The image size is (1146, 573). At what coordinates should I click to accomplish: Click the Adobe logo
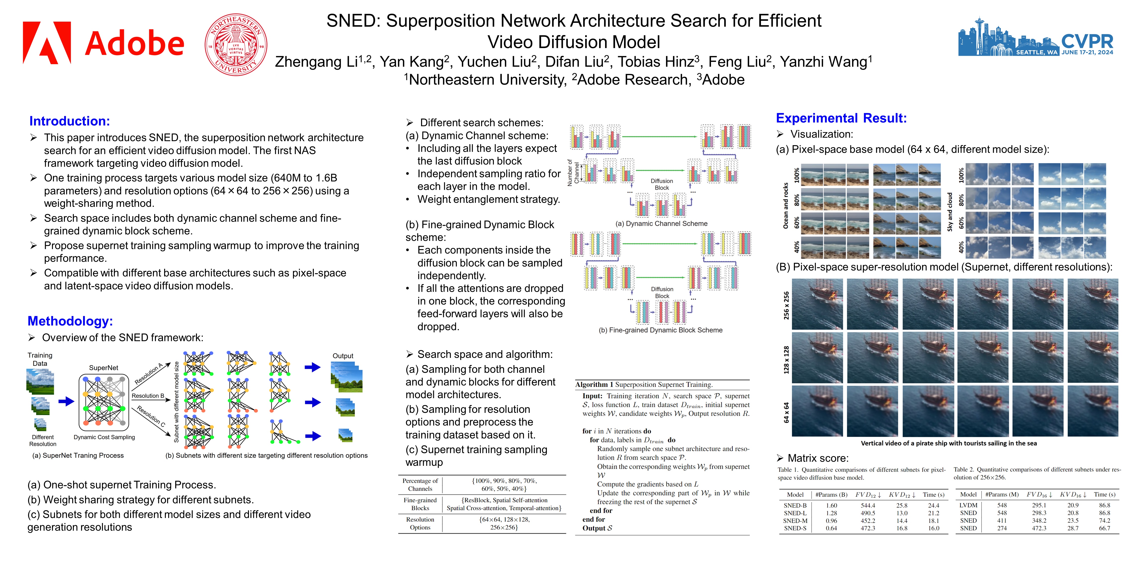pyautogui.click(x=103, y=43)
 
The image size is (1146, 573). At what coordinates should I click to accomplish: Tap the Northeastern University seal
pyautogui.click(x=236, y=45)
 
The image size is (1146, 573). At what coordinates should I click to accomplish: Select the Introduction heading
pyautogui.click(x=69, y=121)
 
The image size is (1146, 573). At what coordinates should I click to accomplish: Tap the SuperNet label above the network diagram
pyautogui.click(x=104, y=368)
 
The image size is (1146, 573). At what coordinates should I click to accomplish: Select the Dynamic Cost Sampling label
pyautogui.click(x=104, y=437)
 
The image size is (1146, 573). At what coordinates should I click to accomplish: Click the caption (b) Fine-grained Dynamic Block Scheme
pyautogui.click(x=660, y=330)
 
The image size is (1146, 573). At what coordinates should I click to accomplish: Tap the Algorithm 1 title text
pyautogui.click(x=643, y=384)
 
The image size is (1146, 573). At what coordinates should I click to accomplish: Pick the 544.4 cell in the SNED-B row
pyautogui.click(x=867, y=505)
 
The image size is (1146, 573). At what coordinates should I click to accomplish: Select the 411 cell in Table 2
pyautogui.click(x=1002, y=521)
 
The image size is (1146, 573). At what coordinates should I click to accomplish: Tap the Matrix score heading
pyautogui.click(x=818, y=458)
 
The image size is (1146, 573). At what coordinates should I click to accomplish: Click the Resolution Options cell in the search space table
pyautogui.click(x=420, y=523)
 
